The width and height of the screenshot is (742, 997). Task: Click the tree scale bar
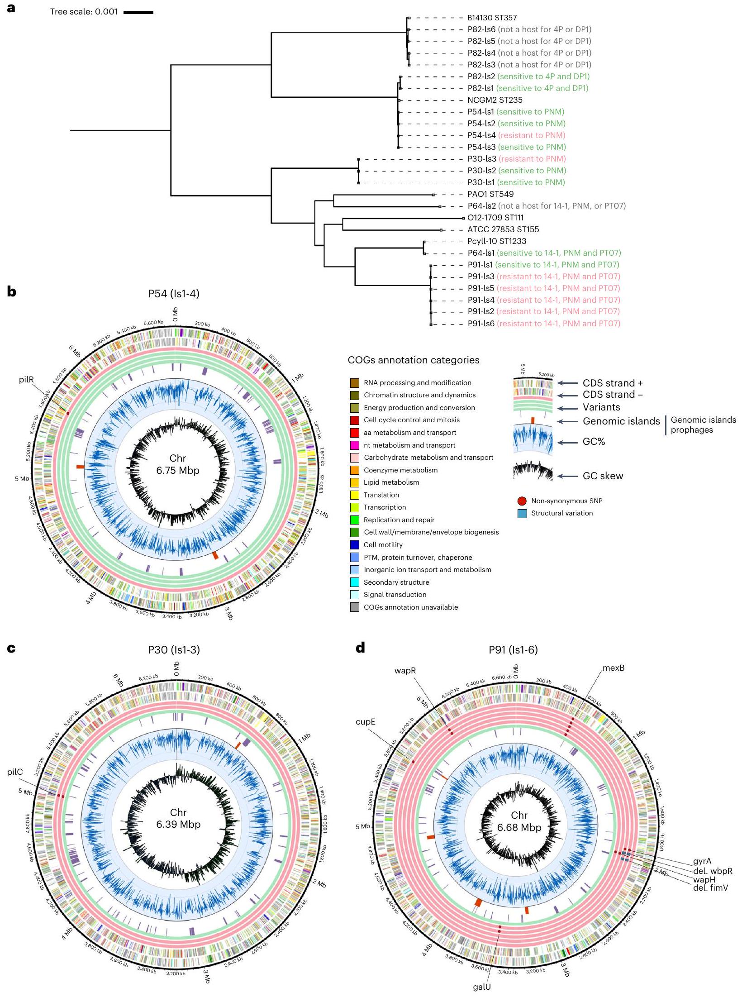tap(138, 12)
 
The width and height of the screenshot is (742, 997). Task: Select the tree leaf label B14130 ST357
tap(492, 18)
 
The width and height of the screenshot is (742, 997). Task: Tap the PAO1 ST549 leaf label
tap(490, 194)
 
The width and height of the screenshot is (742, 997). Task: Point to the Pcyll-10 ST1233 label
tap(497, 241)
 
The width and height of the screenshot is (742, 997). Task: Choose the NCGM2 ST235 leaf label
tap(495, 100)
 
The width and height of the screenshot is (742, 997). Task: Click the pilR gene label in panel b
tap(27, 380)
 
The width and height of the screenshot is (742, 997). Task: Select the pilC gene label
tap(15, 772)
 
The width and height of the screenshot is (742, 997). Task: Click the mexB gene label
tap(614, 668)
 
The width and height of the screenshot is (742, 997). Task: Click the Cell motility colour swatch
tap(355, 545)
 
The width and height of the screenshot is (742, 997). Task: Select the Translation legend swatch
tap(355, 495)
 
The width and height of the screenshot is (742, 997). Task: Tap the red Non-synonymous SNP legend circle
tap(522, 501)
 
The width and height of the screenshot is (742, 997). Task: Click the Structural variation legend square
tap(522, 514)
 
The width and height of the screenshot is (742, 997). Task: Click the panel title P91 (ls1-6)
tap(513, 650)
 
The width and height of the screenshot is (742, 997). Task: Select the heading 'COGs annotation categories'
tap(413, 360)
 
